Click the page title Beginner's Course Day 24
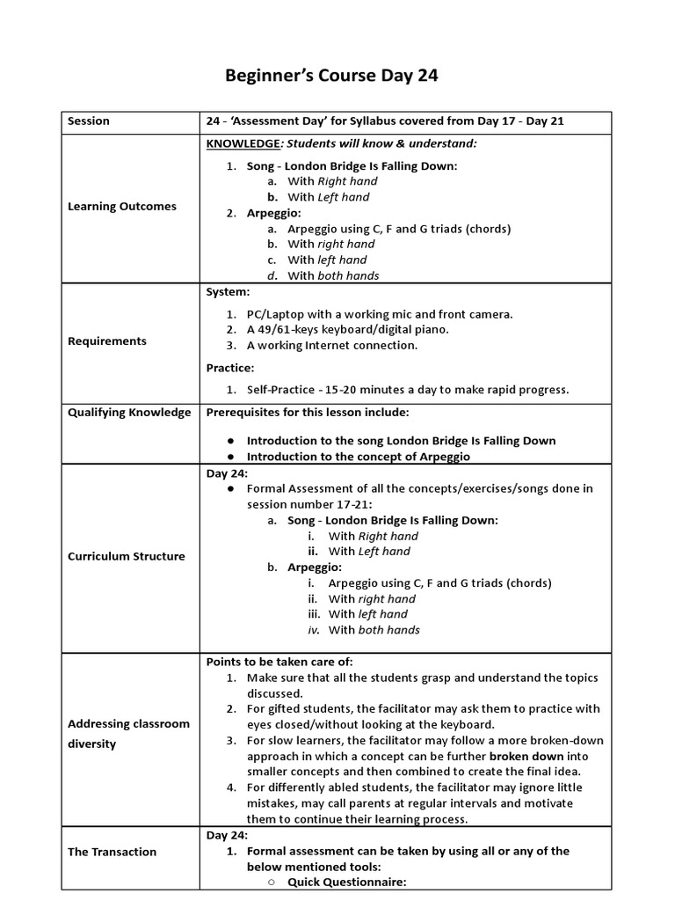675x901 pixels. click(332, 76)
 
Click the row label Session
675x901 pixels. click(89, 121)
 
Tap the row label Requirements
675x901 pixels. click(107, 341)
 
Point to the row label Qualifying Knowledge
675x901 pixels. click(128, 412)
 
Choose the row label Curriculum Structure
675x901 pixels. click(126, 556)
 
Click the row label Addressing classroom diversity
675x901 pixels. click(128, 734)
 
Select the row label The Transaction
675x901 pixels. click(112, 852)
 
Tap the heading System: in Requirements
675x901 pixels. click(228, 291)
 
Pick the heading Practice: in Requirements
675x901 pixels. click(230, 367)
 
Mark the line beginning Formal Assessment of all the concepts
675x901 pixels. click(420, 488)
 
